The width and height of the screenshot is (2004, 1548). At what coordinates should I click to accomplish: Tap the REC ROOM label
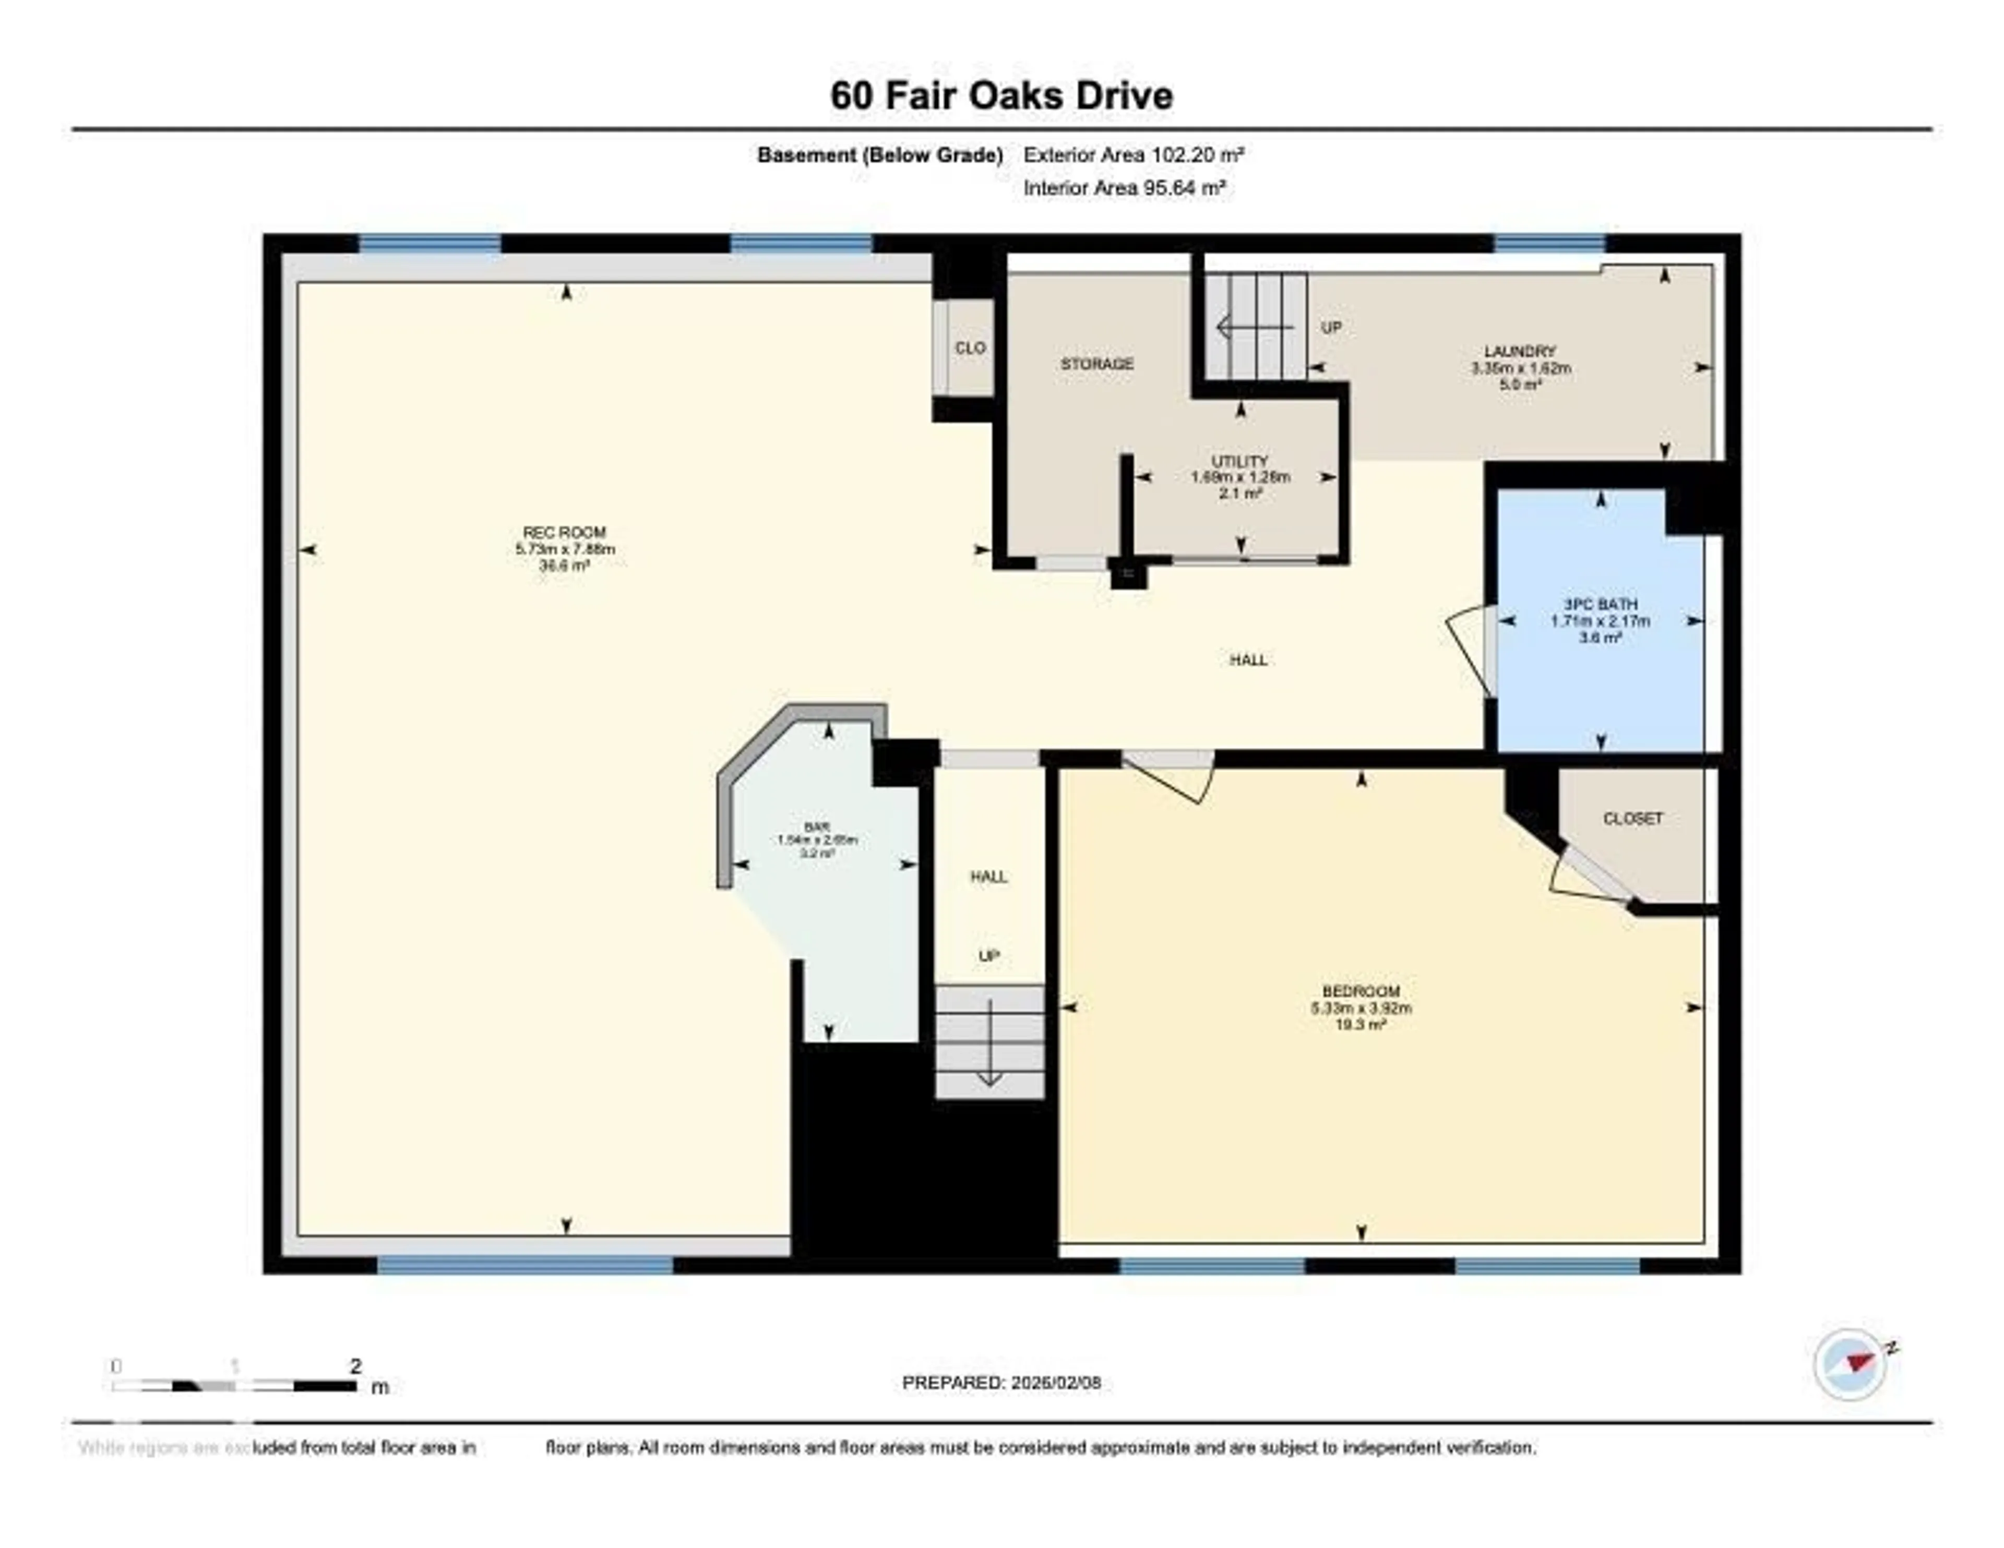click(564, 532)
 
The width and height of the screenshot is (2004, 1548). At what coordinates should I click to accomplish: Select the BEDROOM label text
click(1361, 991)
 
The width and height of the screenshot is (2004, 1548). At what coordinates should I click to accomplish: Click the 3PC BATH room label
click(1600, 605)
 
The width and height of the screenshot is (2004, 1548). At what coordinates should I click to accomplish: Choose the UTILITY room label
click(1239, 462)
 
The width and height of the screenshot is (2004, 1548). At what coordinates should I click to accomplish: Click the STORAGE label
click(1098, 364)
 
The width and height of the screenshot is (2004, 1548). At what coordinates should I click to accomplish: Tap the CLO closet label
click(970, 348)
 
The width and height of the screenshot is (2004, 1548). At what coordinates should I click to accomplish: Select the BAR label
click(817, 827)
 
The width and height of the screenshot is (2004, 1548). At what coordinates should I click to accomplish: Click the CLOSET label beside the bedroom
click(1632, 819)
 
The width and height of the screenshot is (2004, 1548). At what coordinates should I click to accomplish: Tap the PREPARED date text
click(1001, 1382)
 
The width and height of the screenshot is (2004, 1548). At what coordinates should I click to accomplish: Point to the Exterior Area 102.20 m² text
click(1133, 155)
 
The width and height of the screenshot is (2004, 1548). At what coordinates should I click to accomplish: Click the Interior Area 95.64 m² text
click(1125, 188)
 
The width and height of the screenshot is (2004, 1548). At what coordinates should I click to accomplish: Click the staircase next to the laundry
click(1255, 326)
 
